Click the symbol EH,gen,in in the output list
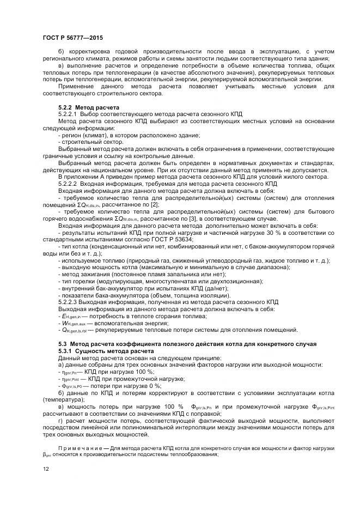(x=73, y=316)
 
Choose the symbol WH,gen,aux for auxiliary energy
(x=75, y=323)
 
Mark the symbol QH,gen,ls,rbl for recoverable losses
(x=77, y=330)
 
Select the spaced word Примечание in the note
(x=84, y=448)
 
